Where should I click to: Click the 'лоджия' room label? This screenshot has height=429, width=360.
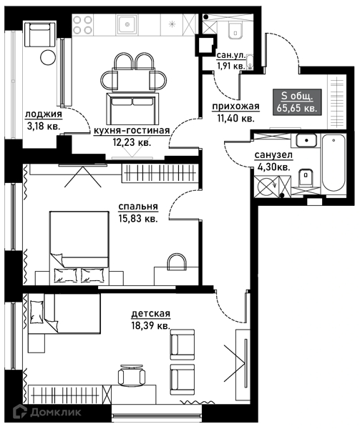click(44, 114)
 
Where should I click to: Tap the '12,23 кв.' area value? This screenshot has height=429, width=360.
click(132, 142)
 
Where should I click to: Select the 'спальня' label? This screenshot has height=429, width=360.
click(138, 207)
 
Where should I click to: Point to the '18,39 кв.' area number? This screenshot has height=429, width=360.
click(150, 325)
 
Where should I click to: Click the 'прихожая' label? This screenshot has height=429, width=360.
click(235, 106)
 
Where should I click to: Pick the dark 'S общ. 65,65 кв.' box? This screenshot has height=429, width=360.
click(297, 102)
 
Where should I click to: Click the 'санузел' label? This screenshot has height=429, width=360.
click(273, 155)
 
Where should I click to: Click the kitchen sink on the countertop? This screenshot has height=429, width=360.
click(127, 24)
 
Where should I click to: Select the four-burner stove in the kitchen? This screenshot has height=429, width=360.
click(82, 24)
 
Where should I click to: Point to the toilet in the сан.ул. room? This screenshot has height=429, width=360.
click(235, 30)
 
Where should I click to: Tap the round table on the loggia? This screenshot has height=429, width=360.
click(48, 57)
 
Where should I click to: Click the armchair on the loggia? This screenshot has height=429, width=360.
click(40, 35)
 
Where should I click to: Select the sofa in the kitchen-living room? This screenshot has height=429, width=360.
click(133, 109)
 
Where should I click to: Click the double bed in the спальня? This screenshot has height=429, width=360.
click(79, 247)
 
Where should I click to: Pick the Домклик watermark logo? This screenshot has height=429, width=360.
click(48, 412)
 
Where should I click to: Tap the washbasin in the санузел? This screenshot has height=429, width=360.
click(306, 140)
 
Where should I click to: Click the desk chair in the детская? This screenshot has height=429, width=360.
click(131, 375)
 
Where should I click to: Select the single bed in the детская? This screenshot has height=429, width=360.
click(64, 313)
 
